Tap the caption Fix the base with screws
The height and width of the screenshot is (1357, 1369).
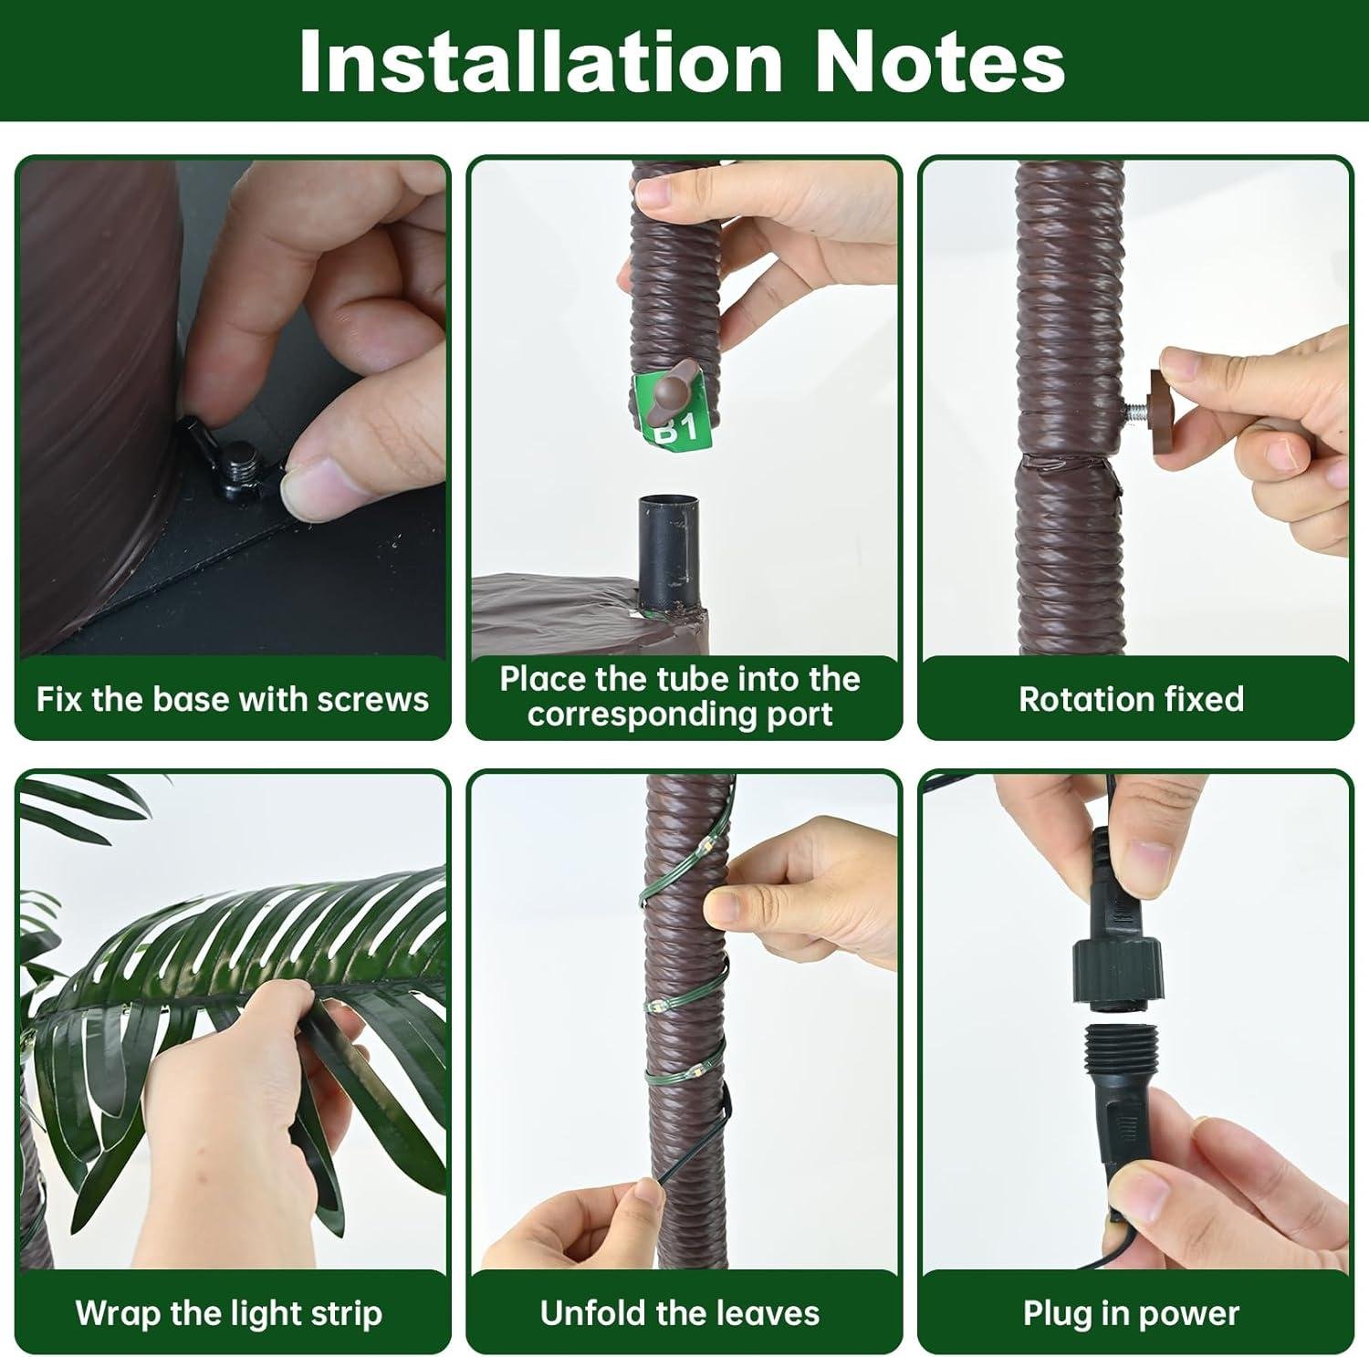tap(232, 699)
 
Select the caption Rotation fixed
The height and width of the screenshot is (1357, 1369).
tap(1131, 699)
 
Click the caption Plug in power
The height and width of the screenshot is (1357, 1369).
tap(1131, 1313)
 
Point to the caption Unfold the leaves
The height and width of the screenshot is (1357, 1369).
tap(680, 1313)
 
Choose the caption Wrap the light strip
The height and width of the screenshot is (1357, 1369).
tap(228, 1313)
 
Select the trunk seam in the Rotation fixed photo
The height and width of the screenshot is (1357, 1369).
tap(1066, 463)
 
